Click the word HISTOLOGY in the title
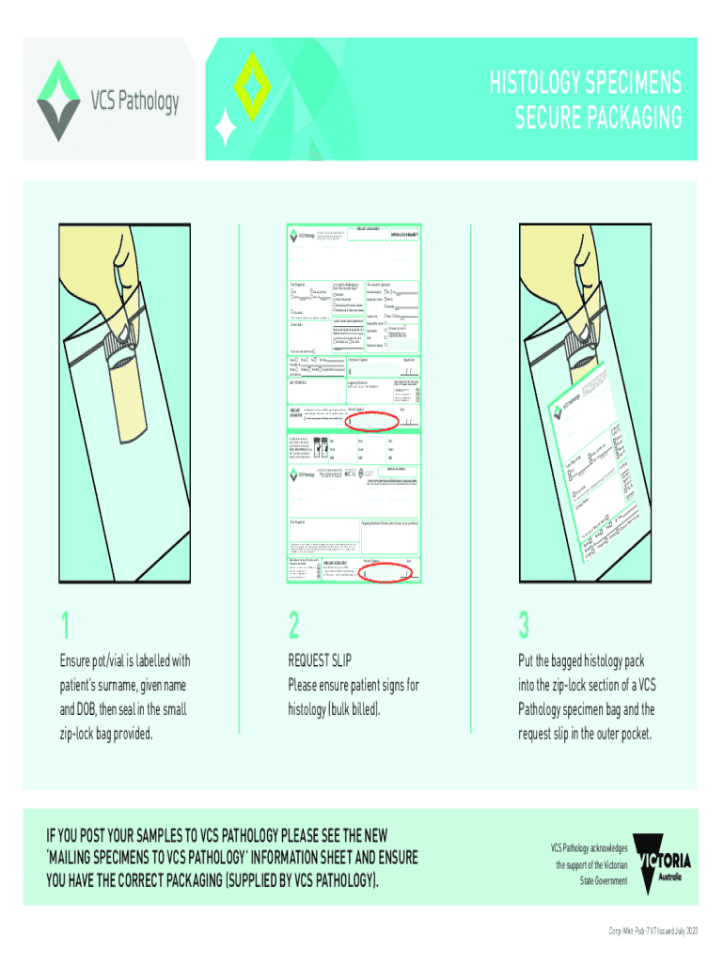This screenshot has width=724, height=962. tap(548, 86)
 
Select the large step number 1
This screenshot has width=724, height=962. tap(65, 625)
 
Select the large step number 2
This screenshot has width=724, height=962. tap(294, 625)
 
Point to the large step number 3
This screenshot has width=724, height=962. tap(524, 625)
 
